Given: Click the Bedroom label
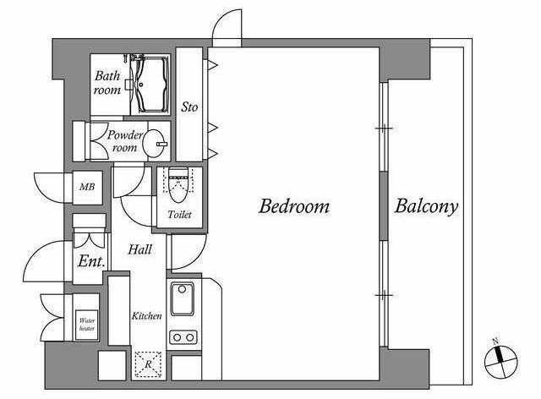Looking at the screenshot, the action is pyautogui.click(x=294, y=206).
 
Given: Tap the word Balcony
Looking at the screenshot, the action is pyautogui.click(x=426, y=206).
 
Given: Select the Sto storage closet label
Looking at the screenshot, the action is pyautogui.click(x=189, y=107).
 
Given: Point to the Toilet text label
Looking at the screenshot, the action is pyautogui.click(x=179, y=215).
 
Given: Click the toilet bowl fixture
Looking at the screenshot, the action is pyautogui.click(x=178, y=185).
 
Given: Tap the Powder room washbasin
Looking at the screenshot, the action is pyautogui.click(x=156, y=143).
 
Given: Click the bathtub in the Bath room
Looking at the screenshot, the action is pyautogui.click(x=151, y=85).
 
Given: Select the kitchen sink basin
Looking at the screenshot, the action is pyautogui.click(x=183, y=299).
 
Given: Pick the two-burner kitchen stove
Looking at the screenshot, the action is pyautogui.click(x=183, y=337).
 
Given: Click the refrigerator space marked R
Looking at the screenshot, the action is pyautogui.click(x=148, y=364).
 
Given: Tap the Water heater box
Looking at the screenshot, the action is pyautogui.click(x=86, y=325).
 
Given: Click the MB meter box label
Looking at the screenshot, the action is pyautogui.click(x=87, y=187).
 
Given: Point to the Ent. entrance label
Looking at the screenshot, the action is pyautogui.click(x=91, y=261).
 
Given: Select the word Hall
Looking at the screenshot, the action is pyautogui.click(x=139, y=249).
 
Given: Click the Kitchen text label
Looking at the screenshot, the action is pyautogui.click(x=146, y=316).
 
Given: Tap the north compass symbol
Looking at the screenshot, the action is pyautogui.click(x=501, y=361).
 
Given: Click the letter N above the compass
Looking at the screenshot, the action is pyautogui.click(x=496, y=342).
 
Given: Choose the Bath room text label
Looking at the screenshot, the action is pyautogui.click(x=107, y=83).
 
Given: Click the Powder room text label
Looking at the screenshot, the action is pyautogui.click(x=124, y=141).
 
